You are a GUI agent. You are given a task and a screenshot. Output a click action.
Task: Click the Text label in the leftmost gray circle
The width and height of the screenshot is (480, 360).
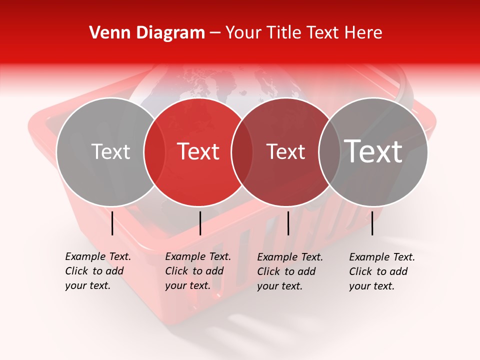(x=110, y=151)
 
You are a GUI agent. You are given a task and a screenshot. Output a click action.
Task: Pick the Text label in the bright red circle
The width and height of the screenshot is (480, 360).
(x=198, y=151)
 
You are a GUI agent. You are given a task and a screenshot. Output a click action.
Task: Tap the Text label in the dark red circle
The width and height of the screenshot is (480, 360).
(x=286, y=151)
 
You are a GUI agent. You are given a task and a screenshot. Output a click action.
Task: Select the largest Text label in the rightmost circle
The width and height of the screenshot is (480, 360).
(x=373, y=151)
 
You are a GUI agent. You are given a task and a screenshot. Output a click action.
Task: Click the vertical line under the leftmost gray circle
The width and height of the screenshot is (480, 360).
(x=112, y=223)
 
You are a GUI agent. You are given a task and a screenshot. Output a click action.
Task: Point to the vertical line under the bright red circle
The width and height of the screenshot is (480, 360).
(x=200, y=223)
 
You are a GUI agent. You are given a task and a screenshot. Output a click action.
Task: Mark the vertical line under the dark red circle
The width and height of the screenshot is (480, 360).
(x=288, y=223)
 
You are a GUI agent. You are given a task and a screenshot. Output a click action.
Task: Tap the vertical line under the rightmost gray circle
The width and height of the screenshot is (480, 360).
(x=372, y=223)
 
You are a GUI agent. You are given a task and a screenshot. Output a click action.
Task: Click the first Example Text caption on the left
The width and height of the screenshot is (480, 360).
(x=98, y=271)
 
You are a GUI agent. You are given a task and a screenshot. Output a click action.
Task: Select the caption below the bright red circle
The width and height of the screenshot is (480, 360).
(x=198, y=271)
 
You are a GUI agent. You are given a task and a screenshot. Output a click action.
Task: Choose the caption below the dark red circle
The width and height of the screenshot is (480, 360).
(x=290, y=271)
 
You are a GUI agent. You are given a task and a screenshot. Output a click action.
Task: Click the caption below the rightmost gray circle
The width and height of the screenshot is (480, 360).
(x=382, y=271)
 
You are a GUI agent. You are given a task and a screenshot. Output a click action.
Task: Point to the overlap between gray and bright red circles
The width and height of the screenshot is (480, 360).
(x=154, y=151)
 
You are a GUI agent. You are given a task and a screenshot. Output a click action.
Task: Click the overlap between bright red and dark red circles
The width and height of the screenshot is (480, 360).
(x=242, y=151)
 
